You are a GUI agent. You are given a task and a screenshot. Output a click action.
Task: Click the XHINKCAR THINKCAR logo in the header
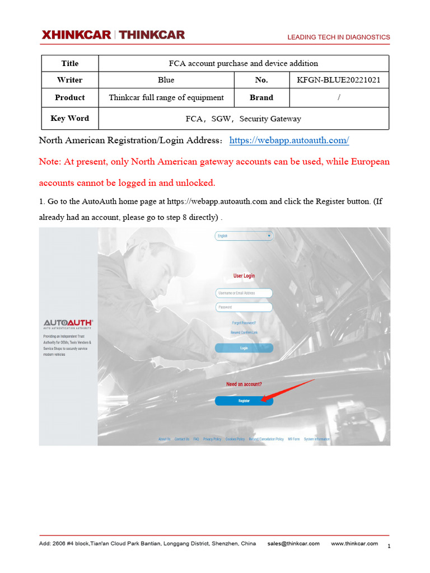click(x=113, y=35)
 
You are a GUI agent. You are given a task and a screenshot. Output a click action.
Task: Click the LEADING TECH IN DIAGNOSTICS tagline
click(x=338, y=37)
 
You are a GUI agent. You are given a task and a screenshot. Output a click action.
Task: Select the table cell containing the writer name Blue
click(x=166, y=80)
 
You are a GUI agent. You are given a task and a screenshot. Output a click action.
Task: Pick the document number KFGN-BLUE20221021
click(x=339, y=80)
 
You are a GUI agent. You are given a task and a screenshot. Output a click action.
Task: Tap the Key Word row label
click(x=69, y=118)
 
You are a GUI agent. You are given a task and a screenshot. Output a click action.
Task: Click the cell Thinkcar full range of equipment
click(x=166, y=97)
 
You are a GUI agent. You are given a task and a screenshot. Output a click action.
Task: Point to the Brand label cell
click(x=261, y=97)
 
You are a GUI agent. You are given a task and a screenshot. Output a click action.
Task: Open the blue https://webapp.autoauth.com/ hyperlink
click(x=289, y=140)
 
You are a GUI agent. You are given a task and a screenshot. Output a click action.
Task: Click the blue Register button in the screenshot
click(x=244, y=401)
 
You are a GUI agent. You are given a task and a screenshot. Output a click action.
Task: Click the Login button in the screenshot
click(x=244, y=348)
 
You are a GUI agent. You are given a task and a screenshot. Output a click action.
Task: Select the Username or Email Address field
click(x=244, y=293)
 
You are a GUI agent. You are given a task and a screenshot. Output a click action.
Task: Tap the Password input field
click(x=244, y=307)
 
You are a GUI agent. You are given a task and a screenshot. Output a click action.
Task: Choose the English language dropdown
click(x=244, y=236)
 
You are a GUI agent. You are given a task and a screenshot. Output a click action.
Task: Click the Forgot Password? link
click(x=244, y=323)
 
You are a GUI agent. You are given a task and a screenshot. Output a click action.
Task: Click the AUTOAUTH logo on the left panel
click(x=68, y=323)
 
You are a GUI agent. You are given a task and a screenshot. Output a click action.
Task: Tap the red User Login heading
click(x=244, y=276)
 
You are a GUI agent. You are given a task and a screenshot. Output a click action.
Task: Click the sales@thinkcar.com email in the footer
click(x=293, y=543)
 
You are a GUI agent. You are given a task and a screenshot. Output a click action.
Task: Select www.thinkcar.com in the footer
click(x=354, y=543)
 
